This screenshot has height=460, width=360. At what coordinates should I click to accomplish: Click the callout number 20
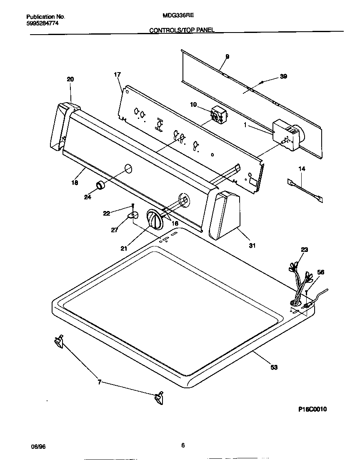[x=70, y=79]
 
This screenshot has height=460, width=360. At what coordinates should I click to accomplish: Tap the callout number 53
[x=274, y=367]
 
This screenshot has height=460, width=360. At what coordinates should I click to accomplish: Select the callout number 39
[x=283, y=76]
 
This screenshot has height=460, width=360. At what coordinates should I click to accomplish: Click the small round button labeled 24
[x=100, y=186]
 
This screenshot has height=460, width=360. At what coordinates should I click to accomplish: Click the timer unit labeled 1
[x=287, y=136]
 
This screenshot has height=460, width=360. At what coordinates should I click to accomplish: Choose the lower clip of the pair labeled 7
[x=159, y=399]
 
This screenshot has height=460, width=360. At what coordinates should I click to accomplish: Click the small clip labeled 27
[x=132, y=215]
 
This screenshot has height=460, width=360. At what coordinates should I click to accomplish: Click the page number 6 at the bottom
[x=182, y=445]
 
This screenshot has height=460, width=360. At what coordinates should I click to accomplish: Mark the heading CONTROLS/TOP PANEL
[x=182, y=30]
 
